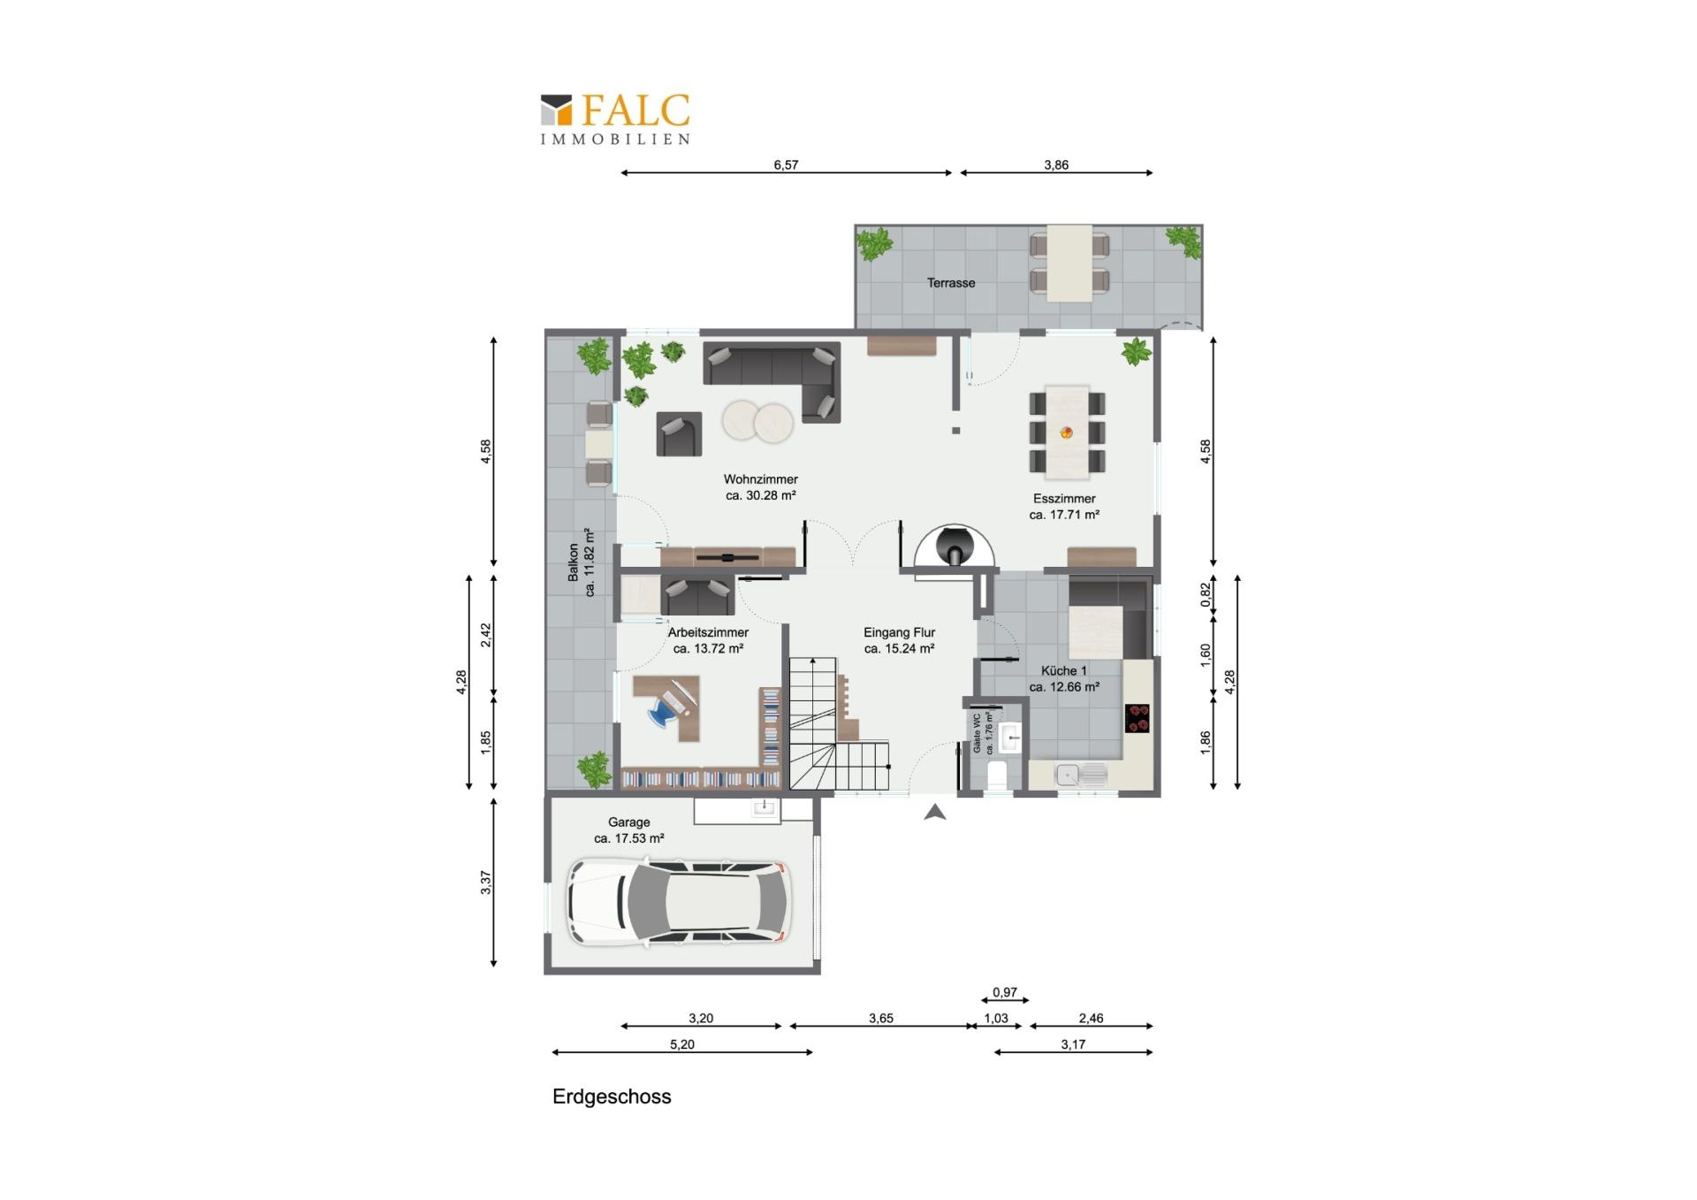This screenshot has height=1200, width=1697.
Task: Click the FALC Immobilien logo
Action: click(615, 118)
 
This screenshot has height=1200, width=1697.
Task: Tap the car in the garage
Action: click(678, 901)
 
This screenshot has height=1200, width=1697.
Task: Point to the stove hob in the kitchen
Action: click(1138, 718)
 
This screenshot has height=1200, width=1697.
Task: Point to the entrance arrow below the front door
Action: click(935, 812)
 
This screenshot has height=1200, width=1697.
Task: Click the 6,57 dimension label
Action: click(786, 164)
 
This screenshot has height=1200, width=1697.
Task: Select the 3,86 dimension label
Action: click(1056, 164)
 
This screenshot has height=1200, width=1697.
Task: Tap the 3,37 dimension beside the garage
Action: click(485, 883)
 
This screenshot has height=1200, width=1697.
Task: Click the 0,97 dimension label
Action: click(1005, 992)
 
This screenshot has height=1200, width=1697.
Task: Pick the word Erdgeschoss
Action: click(612, 1097)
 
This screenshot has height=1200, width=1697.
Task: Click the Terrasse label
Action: click(951, 283)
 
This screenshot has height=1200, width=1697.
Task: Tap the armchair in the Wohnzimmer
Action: click(679, 434)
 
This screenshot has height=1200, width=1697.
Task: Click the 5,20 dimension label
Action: click(682, 1044)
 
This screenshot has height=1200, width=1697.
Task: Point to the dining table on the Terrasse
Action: click(1069, 263)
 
